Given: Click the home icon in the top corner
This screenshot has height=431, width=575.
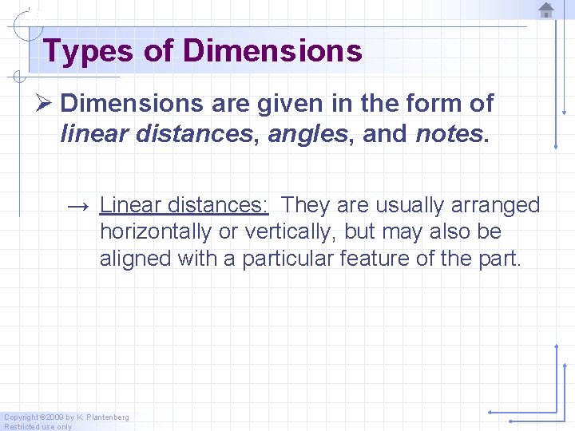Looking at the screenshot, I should click(x=546, y=10).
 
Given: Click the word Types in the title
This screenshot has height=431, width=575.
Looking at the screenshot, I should click(x=88, y=51).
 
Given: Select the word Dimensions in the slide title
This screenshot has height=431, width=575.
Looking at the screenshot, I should click(x=272, y=51).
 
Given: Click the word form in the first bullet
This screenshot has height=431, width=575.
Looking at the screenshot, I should click(x=441, y=104).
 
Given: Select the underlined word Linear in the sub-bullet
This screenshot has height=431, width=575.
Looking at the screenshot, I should click(x=131, y=205).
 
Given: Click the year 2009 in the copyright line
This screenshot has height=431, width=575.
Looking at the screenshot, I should click(x=54, y=417).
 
